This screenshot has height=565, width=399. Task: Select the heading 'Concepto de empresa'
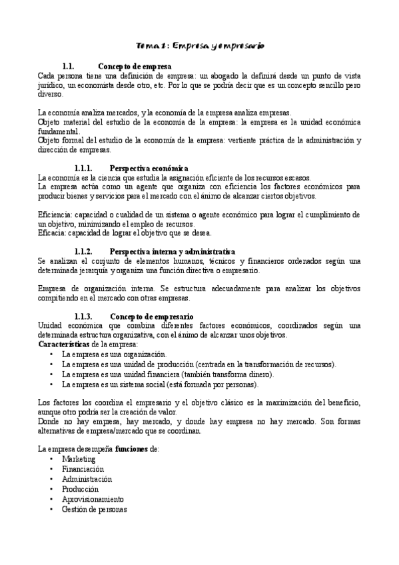coord(135,67)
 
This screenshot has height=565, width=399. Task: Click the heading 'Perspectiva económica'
coord(149,169)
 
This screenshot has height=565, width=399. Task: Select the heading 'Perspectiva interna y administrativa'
coord(172,251)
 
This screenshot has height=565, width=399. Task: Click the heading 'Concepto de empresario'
coord(151,316)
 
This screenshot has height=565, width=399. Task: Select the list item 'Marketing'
coord(79,459)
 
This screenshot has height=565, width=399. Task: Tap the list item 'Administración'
coord(87,479)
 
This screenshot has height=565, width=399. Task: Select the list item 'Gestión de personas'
coord(94,509)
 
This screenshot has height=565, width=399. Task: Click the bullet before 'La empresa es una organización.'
coord(51,354)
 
